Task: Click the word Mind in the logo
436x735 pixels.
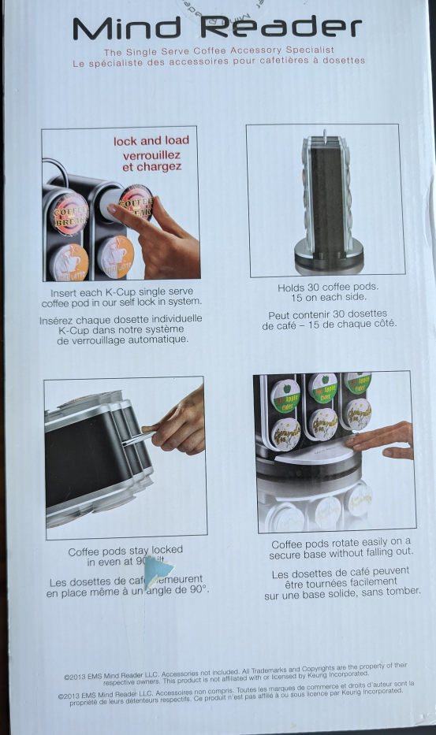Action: [126, 28]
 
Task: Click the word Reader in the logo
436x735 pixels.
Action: [281, 28]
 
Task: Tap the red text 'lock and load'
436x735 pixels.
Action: [151, 141]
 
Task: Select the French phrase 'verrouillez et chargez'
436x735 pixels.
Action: [151, 161]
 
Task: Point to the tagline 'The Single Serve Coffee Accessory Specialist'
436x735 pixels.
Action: [218, 52]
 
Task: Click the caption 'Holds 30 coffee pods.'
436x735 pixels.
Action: [328, 288]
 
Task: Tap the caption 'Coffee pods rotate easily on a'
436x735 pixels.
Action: [341, 542]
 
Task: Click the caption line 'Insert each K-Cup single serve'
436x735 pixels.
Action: [122, 292]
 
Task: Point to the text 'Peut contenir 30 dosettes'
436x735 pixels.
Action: [327, 314]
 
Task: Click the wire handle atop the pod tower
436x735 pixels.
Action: [323, 135]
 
